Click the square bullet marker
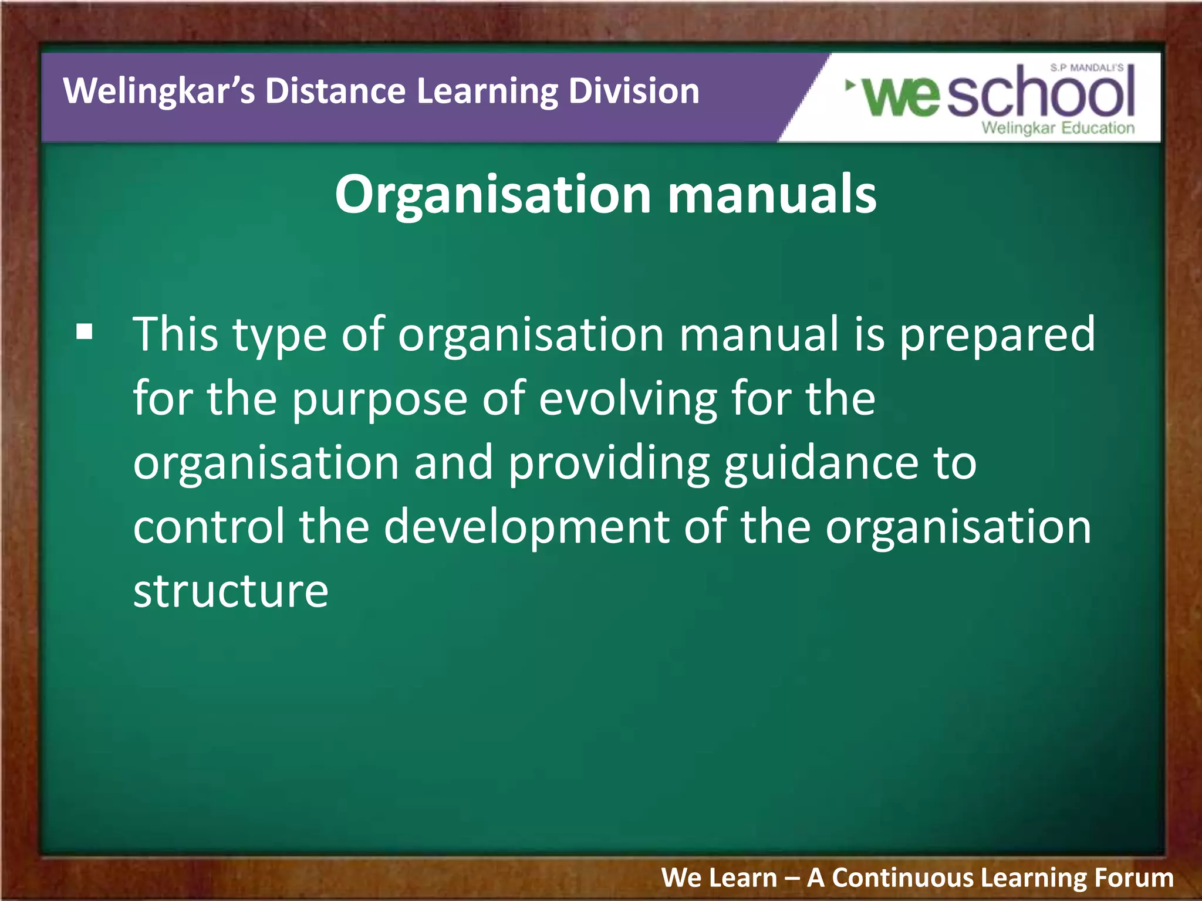coord(85,332)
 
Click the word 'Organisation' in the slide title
coord(492,195)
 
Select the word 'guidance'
coord(821,464)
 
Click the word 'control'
coord(208,526)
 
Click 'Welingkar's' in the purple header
coord(159,92)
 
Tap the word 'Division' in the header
coord(634,92)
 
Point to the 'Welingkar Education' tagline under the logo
coord(1058,128)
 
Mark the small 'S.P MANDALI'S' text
coord(1086,68)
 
